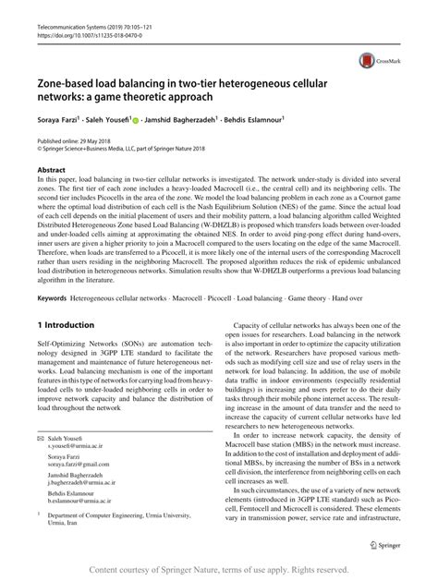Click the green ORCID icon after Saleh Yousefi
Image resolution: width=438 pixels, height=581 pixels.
point(136,118)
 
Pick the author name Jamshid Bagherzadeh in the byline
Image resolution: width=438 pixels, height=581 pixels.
point(185,118)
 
